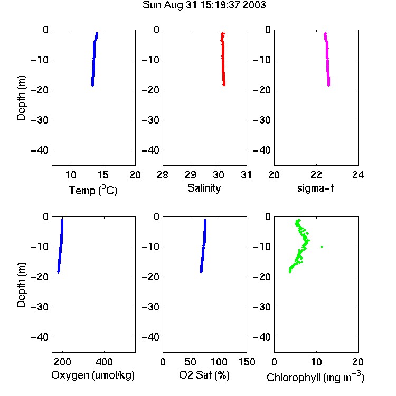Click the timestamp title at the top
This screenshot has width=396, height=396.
[204, 5]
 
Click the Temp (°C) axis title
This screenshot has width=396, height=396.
[93, 191]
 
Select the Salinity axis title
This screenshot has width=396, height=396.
[204, 188]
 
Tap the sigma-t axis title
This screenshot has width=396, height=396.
[315, 188]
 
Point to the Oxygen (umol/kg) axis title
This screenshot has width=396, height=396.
[93, 375]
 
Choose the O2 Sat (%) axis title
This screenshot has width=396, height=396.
[204, 375]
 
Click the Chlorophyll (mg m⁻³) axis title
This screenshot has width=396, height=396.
[315, 377]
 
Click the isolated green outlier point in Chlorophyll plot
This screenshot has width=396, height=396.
[322, 247]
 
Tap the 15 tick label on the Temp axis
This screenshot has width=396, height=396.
[103, 175]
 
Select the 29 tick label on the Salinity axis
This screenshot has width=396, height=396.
[191, 175]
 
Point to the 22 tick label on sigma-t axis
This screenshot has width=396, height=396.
[316, 175]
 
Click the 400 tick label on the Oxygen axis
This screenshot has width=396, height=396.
[105, 362]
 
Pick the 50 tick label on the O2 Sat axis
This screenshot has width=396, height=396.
[191, 362]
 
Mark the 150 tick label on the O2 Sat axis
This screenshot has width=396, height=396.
[247, 362]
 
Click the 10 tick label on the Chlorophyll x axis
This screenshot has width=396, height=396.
[316, 362]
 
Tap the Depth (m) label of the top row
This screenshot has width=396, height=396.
[21, 98]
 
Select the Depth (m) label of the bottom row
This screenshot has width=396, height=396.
[21, 285]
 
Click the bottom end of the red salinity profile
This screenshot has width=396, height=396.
[224, 85]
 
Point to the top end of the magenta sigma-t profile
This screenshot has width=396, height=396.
[326, 33]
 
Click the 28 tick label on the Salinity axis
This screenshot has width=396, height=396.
[163, 175]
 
